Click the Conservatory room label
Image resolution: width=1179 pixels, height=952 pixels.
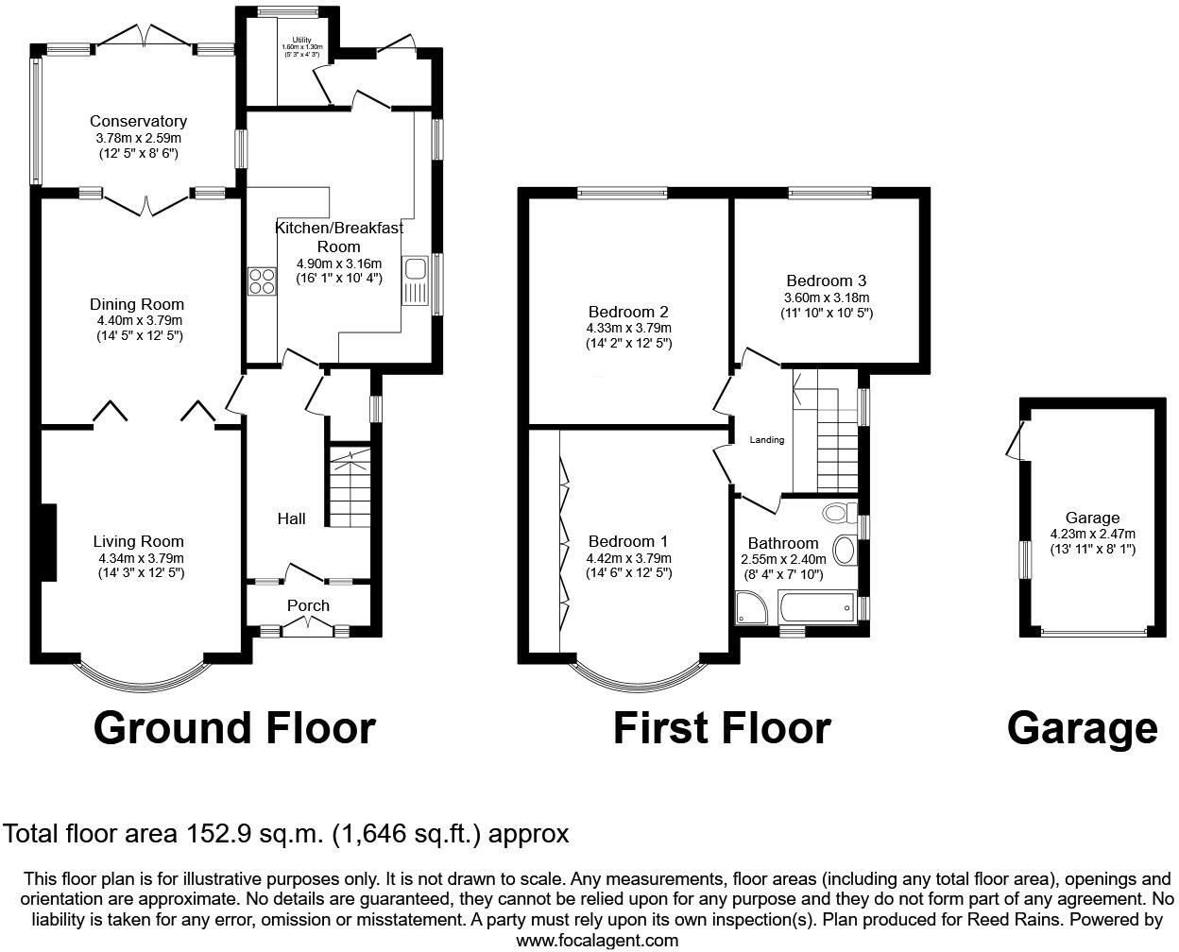138,121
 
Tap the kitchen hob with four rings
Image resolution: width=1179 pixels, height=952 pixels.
262,281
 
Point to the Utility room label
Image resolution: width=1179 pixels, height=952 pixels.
301,40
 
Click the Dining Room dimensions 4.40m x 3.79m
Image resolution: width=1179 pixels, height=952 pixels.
137,320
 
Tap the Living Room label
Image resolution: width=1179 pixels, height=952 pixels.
138,541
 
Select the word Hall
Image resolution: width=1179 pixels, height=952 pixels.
291,518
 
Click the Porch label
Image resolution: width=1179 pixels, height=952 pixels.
308,605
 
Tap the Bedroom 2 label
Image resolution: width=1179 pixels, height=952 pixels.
628,312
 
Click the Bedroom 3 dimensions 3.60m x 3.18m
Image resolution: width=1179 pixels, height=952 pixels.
827,297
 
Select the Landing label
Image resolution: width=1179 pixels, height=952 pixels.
767,440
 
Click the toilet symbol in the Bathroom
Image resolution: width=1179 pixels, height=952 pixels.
835,514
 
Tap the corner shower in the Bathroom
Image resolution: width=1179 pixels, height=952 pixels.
753,608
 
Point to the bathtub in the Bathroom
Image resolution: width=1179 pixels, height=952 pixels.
817,608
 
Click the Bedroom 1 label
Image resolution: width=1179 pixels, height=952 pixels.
628,541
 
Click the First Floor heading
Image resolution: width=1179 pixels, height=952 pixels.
722,728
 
